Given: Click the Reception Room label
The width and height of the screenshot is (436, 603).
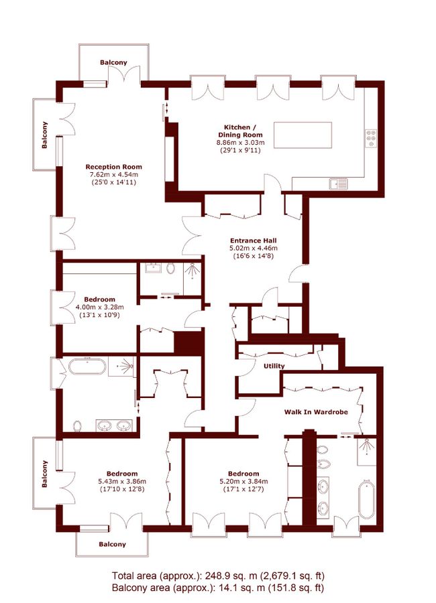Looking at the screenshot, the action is click(x=113, y=167).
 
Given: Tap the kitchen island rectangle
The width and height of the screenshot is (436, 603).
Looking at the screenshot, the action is click(x=303, y=135).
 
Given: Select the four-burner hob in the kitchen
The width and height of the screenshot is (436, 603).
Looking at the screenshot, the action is click(x=372, y=137).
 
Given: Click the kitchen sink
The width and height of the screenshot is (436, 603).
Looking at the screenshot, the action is click(x=339, y=184).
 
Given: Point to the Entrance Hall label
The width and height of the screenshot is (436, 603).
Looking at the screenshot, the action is click(x=253, y=241).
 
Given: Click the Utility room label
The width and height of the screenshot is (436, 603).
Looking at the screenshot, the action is click(x=274, y=366).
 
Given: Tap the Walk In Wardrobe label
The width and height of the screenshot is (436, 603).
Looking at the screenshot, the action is click(x=316, y=412).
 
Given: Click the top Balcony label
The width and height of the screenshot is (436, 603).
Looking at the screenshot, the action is click(x=113, y=62).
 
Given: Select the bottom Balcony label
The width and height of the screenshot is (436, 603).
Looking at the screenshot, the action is click(x=112, y=544).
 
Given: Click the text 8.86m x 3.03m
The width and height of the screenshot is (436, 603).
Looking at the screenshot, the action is click(x=240, y=143).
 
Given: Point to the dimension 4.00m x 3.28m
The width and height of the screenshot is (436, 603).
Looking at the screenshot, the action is click(x=99, y=307).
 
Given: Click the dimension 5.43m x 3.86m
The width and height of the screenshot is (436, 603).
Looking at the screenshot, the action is click(x=122, y=482).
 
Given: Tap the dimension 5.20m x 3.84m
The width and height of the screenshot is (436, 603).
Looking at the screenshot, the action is click(x=243, y=482).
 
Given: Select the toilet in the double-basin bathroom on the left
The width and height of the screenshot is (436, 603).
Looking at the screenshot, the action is click(x=77, y=425).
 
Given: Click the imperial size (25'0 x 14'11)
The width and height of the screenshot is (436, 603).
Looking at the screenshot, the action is click(x=113, y=182).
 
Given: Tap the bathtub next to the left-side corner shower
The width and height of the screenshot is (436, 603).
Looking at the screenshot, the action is click(x=87, y=366).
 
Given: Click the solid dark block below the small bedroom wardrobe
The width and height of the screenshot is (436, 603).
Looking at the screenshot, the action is click(x=188, y=342).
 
